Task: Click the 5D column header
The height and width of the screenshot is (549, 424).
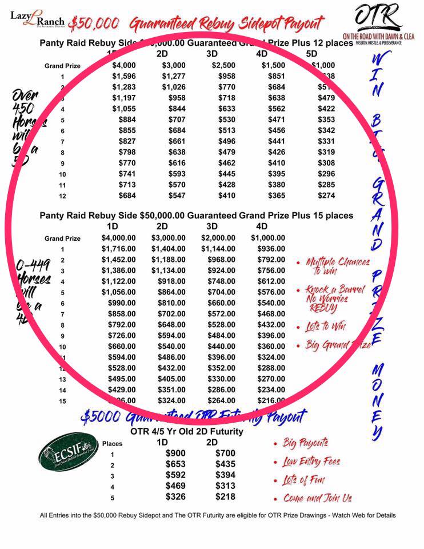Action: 311,54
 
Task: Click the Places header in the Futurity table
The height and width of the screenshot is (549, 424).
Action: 112,443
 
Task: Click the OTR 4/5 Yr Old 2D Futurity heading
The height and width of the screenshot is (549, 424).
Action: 187,431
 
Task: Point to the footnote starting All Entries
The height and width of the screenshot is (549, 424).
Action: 218,515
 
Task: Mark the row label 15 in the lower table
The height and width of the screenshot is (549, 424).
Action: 63,401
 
